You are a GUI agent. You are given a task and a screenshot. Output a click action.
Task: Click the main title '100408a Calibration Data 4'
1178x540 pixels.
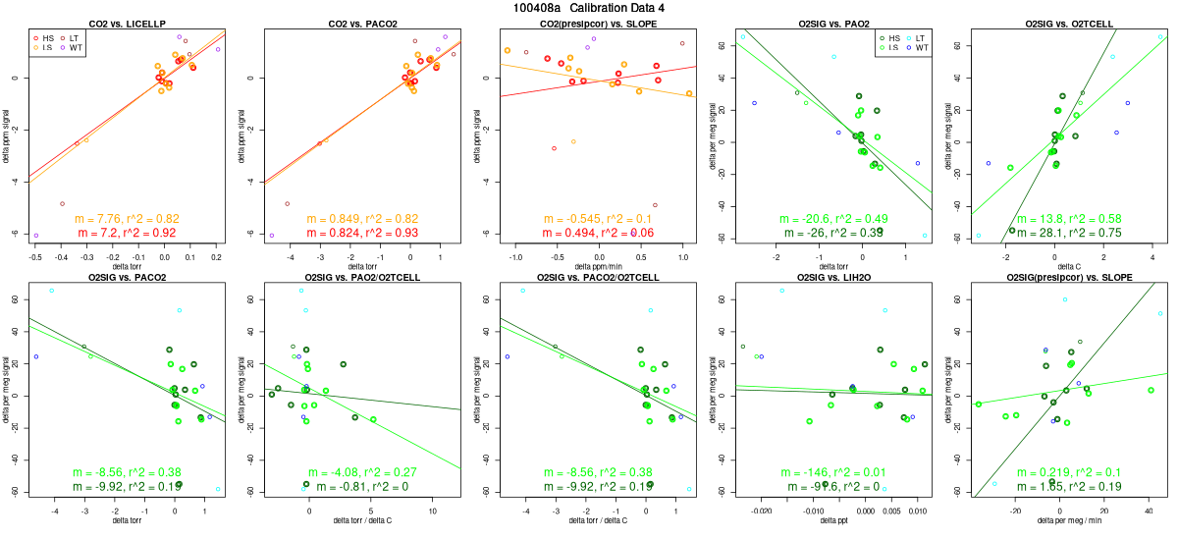click(x=589, y=8)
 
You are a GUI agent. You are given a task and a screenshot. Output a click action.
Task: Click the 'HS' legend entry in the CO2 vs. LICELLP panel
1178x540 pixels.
click(x=44, y=37)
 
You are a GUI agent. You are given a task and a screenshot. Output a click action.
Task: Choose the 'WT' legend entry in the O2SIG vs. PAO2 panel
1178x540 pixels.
click(x=915, y=47)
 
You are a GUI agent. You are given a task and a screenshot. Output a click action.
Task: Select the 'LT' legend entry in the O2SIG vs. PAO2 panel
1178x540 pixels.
click(x=915, y=37)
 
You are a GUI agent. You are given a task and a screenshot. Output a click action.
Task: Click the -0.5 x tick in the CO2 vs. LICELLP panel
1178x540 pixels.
click(x=35, y=256)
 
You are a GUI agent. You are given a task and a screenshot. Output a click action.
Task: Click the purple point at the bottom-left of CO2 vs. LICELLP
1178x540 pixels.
click(x=36, y=236)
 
